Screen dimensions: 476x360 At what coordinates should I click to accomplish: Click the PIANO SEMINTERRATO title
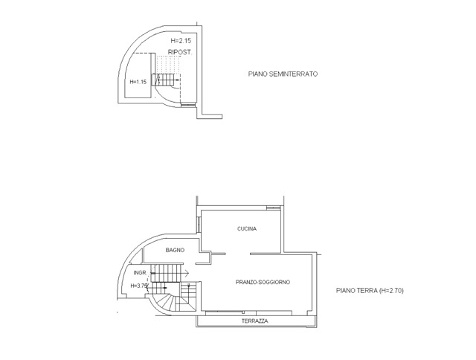(283, 74)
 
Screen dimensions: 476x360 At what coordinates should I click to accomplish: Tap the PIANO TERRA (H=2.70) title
(370, 291)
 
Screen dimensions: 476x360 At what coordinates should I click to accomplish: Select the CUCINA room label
(247, 228)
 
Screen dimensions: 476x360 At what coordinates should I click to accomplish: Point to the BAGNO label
(175, 250)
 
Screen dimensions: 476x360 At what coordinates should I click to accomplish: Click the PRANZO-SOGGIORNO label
(263, 283)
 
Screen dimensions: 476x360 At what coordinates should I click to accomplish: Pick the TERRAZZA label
(254, 321)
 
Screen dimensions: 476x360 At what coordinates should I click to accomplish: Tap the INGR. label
(141, 273)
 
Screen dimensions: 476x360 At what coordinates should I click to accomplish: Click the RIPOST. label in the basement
(180, 52)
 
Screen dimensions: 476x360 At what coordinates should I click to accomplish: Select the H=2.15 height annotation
(181, 41)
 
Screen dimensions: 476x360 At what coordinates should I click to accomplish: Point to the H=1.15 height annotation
(138, 82)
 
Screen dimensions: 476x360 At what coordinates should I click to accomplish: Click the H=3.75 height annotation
(139, 286)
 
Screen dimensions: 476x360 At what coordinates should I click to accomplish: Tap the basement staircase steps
(166, 80)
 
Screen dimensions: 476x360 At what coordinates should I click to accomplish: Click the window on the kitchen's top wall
(273, 208)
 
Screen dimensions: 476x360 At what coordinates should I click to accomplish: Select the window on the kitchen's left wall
(199, 225)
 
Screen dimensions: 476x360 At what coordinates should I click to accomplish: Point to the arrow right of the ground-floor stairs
(184, 273)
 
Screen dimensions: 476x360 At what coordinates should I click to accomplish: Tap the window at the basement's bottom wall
(188, 105)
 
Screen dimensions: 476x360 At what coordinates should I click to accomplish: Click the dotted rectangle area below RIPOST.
(168, 65)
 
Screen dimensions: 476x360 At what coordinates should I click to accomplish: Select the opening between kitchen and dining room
(238, 254)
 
